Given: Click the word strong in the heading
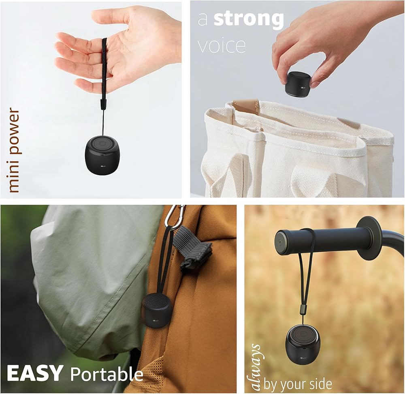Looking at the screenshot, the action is pyautogui.click(x=249, y=19).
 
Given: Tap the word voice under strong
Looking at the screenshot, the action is pyautogui.click(x=222, y=45).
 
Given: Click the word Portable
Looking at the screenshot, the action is pyautogui.click(x=107, y=374).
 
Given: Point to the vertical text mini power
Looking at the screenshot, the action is pyautogui.click(x=13, y=150).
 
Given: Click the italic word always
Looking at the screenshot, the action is pyautogui.click(x=257, y=367).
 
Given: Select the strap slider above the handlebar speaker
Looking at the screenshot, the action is pyautogui.click(x=301, y=310).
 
